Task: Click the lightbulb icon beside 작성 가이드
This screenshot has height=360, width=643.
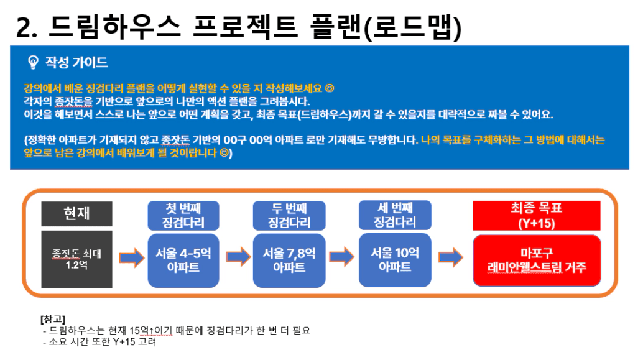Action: tap(33, 62)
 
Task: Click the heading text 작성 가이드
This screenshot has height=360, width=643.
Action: tap(76, 62)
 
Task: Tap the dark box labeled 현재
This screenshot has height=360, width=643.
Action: tap(76, 214)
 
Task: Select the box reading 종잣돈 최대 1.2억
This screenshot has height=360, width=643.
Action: tap(76, 259)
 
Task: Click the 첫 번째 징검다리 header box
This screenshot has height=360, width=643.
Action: tap(183, 216)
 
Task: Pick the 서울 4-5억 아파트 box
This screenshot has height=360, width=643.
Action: tap(183, 261)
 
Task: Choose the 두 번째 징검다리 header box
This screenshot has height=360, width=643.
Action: tap(289, 216)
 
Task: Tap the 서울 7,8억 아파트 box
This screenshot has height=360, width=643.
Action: tap(289, 261)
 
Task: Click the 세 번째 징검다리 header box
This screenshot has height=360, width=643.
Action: tap(395, 215)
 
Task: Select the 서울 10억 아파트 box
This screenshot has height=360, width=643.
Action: tap(395, 260)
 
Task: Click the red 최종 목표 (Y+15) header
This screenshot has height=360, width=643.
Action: tap(537, 216)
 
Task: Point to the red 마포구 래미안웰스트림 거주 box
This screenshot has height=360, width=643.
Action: tap(537, 261)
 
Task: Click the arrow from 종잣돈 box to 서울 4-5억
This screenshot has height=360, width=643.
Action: tap(132, 258)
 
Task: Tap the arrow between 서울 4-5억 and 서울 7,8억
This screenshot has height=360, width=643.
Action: tap(238, 257)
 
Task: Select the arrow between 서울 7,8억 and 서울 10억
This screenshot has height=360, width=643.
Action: tap(341, 257)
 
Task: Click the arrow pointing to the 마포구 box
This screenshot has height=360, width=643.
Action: tap(451, 257)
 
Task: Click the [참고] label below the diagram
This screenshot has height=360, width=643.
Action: tap(53, 319)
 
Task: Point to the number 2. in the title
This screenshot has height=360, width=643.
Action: tap(27, 28)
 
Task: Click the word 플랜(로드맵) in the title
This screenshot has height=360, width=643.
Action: tap(386, 27)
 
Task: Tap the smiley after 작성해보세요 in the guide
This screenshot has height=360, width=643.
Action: tap(330, 88)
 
